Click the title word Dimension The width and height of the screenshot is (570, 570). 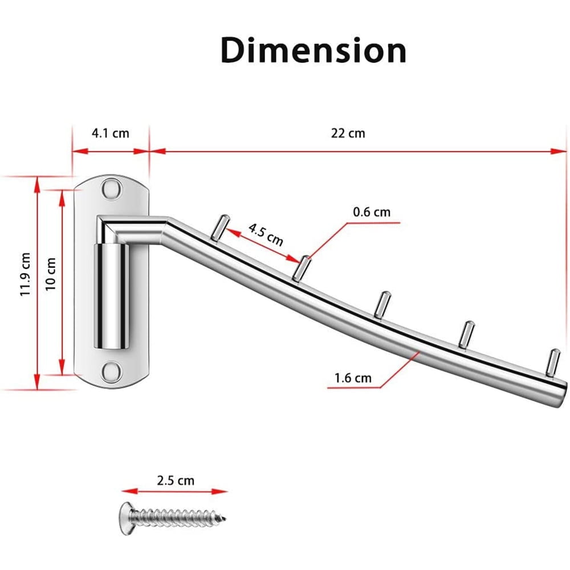point(313,50)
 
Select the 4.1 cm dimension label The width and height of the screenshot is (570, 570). point(111,133)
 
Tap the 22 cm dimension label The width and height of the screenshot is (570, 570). point(348,133)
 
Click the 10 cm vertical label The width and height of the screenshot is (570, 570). point(51,274)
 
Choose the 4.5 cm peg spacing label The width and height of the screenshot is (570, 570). point(266,235)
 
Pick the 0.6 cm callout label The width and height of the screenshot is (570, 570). point(372,212)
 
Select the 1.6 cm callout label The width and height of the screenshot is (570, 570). point(353,378)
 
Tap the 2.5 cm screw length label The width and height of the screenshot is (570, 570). point(176,481)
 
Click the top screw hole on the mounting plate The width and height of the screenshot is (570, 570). point(111,188)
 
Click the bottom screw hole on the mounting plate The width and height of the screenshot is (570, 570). point(111,372)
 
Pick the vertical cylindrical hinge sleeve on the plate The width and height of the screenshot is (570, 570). point(111,296)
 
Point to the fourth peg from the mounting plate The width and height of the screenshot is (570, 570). point(467,333)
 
